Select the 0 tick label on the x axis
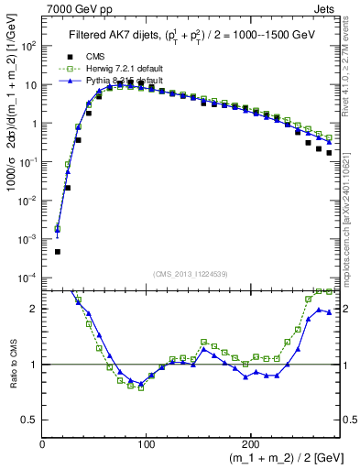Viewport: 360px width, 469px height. click(x=43, y=444)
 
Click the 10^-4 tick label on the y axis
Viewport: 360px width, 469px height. click(x=27, y=277)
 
